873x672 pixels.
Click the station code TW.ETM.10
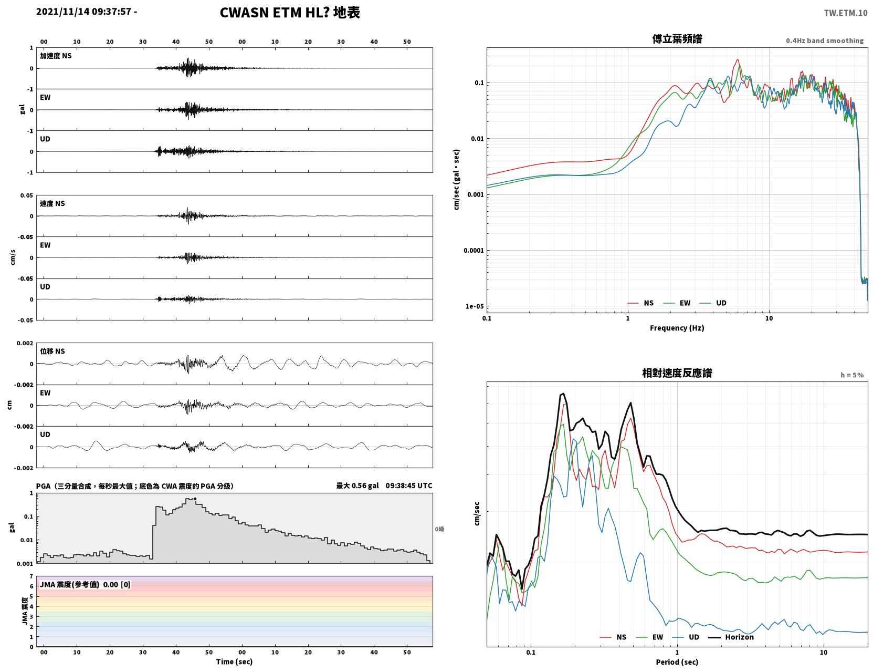[x=845, y=13]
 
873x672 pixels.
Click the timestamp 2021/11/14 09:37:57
[x=83, y=11]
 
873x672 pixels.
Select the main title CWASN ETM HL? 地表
[x=290, y=13]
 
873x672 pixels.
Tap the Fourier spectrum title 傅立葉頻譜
[x=677, y=39]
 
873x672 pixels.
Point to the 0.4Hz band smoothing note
[x=824, y=40]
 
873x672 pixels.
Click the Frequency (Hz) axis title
[x=677, y=328]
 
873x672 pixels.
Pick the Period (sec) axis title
[x=677, y=662]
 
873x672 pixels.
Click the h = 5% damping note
[x=851, y=375]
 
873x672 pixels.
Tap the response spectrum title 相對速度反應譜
[x=677, y=373]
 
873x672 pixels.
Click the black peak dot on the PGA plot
[x=195, y=499]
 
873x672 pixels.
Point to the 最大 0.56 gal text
[x=357, y=485]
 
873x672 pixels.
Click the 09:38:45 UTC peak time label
[x=408, y=485]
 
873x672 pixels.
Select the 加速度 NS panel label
[x=56, y=56]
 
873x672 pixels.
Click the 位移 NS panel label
[x=52, y=351]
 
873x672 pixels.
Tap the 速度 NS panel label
[x=52, y=203]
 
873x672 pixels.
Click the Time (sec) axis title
[x=234, y=661]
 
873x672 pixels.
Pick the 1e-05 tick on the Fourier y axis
[x=475, y=306]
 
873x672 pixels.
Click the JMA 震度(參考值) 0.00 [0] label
[x=85, y=584]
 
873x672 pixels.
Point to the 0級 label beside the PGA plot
[x=439, y=529]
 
